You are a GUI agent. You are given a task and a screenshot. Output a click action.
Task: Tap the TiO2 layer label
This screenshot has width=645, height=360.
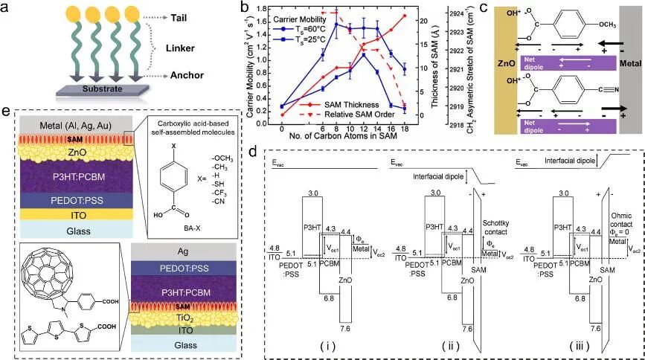[x=189, y=321]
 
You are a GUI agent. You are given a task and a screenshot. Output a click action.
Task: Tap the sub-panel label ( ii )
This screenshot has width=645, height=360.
[x=432, y=347]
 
